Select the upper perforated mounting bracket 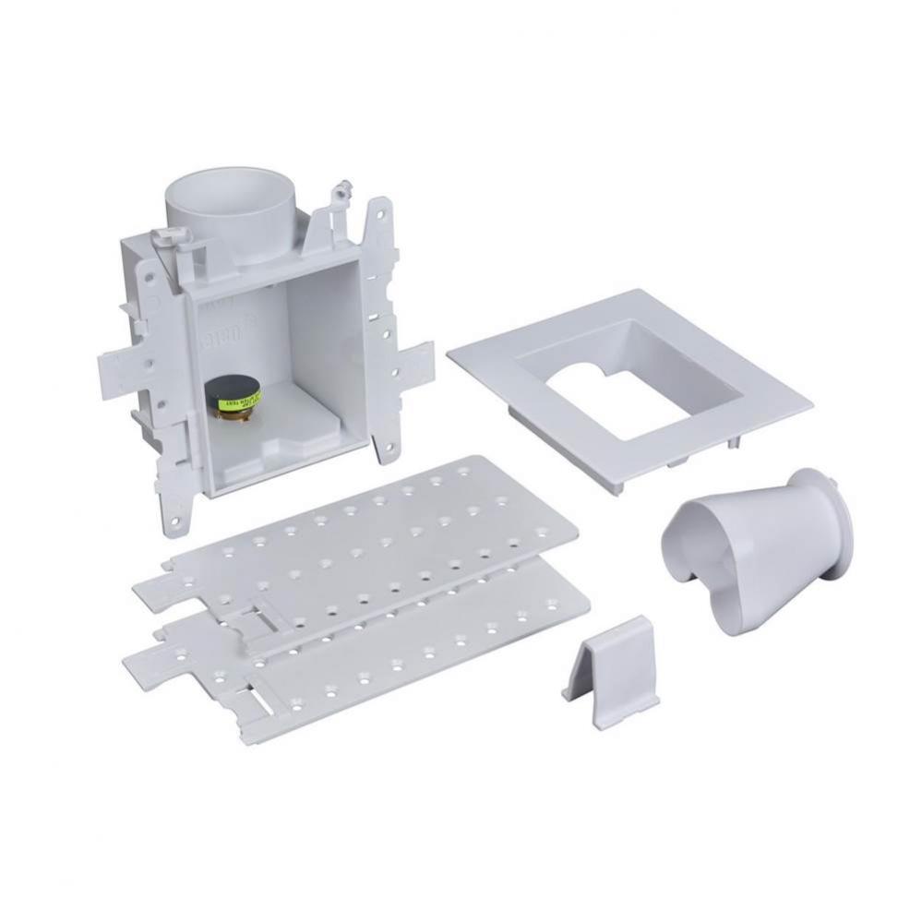[x=388, y=535]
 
